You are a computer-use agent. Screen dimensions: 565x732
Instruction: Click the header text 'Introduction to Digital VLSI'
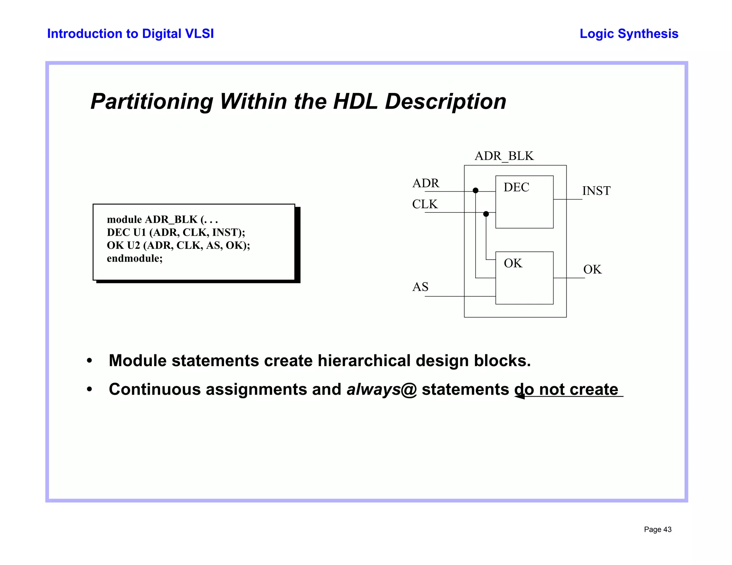(130, 34)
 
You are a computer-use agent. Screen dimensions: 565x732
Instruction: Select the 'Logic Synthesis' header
(629, 34)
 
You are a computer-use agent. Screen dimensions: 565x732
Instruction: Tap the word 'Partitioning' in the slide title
(152, 101)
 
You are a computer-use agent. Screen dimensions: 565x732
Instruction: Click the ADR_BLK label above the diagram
(504, 156)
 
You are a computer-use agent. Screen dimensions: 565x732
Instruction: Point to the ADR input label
(425, 183)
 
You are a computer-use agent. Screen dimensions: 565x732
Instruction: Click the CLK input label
(425, 204)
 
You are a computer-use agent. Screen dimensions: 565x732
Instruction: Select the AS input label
(420, 287)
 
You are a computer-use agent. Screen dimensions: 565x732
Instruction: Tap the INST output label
(596, 191)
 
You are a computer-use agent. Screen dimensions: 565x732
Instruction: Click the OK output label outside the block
(592, 269)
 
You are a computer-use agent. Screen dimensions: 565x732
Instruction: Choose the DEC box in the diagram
(524, 202)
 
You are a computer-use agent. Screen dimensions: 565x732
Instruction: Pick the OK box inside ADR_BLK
(524, 278)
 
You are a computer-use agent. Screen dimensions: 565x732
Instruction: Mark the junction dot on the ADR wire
(475, 191)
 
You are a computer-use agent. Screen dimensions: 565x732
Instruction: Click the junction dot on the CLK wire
(486, 214)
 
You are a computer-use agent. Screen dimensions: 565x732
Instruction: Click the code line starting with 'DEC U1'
(176, 232)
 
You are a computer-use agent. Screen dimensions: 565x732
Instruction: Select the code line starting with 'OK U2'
(178, 245)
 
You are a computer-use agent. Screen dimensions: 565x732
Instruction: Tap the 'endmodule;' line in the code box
(135, 258)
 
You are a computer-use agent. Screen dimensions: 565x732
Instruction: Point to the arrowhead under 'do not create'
(520, 396)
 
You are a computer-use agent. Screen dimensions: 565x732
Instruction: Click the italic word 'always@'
(381, 389)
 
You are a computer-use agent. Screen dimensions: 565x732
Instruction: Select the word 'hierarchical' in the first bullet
(364, 360)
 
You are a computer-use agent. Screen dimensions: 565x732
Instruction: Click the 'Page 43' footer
(657, 530)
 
